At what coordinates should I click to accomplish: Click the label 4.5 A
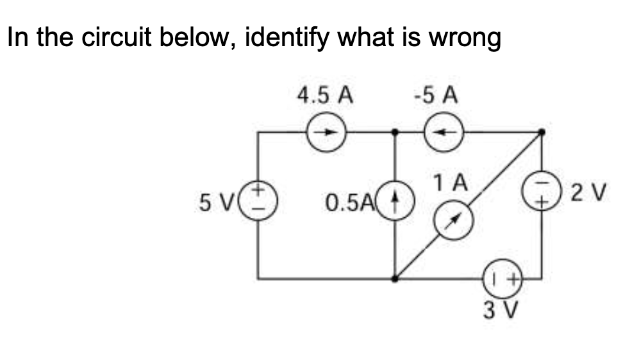(326, 96)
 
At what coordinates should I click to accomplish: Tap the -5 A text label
(437, 96)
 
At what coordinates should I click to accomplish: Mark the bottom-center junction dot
(396, 279)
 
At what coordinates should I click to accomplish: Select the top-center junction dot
(396, 133)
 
